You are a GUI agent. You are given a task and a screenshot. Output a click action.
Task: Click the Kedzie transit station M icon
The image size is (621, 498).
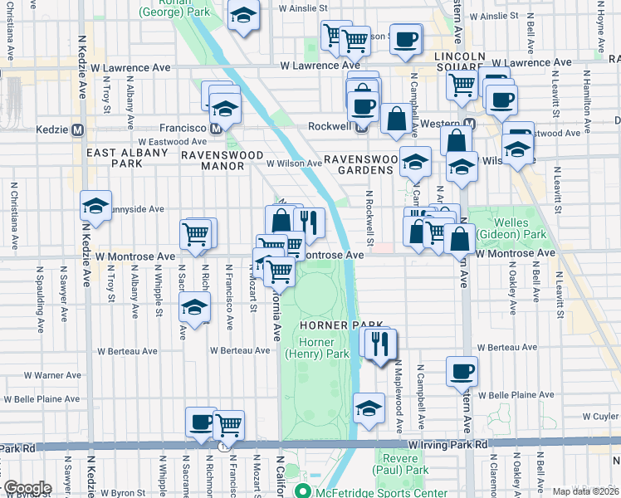pyautogui.click(x=78, y=129)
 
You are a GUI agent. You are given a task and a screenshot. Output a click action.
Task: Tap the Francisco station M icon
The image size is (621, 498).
pyautogui.click(x=215, y=129)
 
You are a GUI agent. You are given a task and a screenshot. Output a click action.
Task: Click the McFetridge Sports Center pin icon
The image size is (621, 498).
pyautogui.click(x=305, y=491)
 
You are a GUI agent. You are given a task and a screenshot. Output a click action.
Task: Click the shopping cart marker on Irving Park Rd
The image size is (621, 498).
pyautogui.click(x=229, y=424)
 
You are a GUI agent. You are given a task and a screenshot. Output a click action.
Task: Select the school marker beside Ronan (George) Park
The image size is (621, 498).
pyautogui.click(x=244, y=17)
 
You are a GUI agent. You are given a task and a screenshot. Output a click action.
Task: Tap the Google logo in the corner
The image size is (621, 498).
pyautogui.click(x=27, y=488)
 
